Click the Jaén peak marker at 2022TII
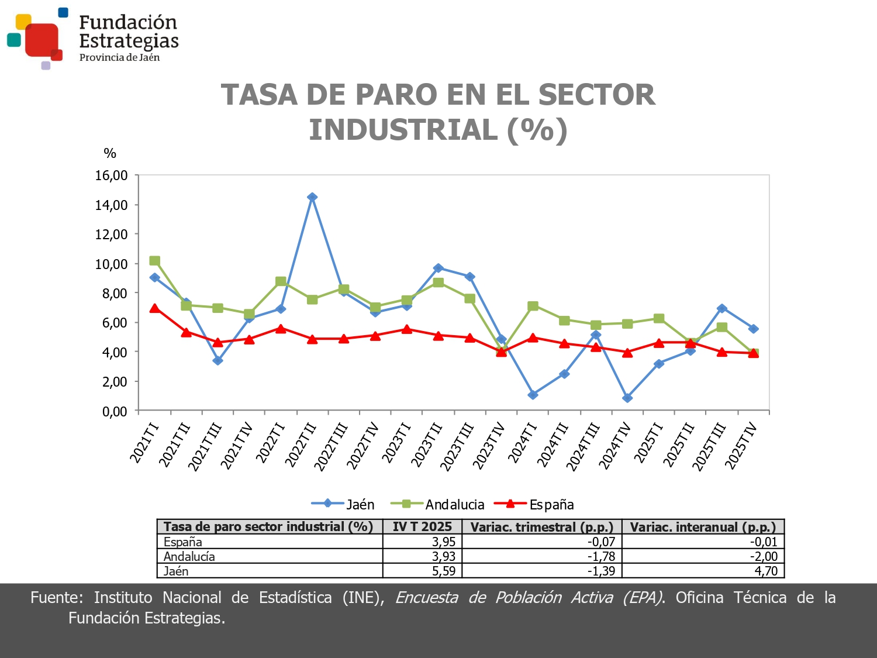(312, 197)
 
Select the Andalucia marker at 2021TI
(154, 261)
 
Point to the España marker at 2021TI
(154, 308)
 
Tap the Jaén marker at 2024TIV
(627, 398)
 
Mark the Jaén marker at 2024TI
(533, 395)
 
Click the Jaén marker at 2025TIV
(754, 329)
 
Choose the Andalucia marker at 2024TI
(533, 306)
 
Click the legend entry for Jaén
(344, 504)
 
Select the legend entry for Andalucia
(437, 504)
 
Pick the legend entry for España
(534, 504)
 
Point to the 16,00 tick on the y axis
(112, 175)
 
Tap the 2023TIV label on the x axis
(488, 446)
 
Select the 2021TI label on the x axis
(144, 443)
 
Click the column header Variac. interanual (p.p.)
(703, 527)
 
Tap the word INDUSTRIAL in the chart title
(403, 130)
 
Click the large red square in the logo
(42, 40)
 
